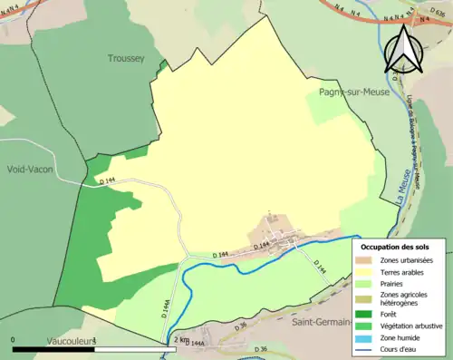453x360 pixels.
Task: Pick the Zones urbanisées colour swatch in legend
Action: [369, 258]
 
